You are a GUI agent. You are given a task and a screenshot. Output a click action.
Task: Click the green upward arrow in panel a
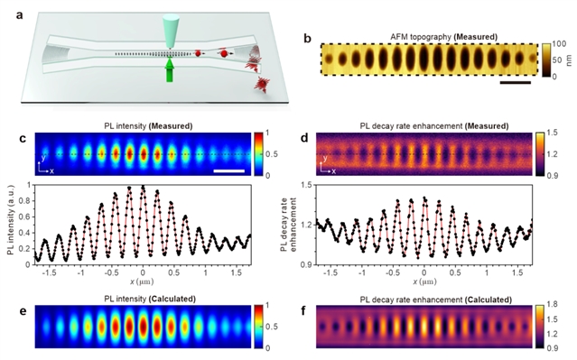click(x=169, y=69)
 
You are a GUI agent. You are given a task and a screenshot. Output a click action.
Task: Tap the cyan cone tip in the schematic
click(x=170, y=48)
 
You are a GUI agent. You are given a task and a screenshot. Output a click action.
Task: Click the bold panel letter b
click(x=308, y=38)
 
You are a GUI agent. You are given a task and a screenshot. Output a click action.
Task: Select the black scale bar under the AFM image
click(x=516, y=83)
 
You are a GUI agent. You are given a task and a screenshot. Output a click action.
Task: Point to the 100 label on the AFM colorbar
click(x=560, y=44)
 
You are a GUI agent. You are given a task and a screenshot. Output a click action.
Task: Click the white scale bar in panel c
click(x=228, y=171)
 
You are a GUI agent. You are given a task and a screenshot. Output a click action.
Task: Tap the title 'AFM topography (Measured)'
click(x=443, y=37)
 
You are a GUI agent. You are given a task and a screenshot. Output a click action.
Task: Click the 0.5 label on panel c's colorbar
click(x=272, y=154)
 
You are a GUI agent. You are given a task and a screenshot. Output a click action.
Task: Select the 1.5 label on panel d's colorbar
click(x=553, y=133)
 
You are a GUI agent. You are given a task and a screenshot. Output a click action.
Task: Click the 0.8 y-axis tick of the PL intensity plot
click(x=26, y=201)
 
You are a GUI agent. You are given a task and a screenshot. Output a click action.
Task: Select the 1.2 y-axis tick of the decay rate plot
click(x=306, y=225)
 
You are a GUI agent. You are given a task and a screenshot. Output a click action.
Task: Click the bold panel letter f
click(x=303, y=311)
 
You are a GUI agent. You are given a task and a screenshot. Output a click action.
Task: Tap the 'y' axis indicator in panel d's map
click(x=325, y=158)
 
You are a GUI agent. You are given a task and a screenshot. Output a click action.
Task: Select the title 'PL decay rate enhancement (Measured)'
click(x=434, y=126)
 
